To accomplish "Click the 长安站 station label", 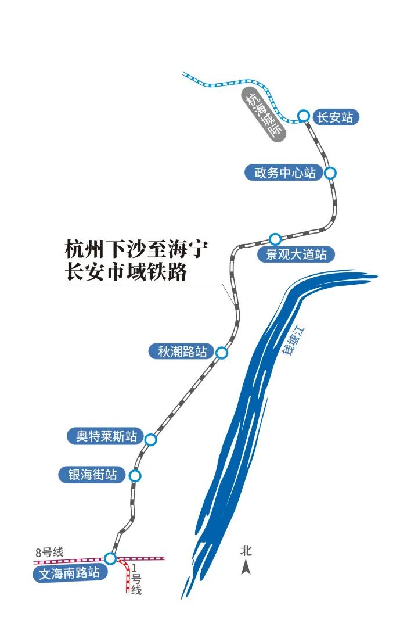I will [x=334, y=117].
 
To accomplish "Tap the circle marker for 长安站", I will [x=303, y=116].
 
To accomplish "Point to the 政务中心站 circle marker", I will [x=330, y=173].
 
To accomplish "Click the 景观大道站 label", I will [x=296, y=254].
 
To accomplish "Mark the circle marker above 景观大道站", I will [x=275, y=239].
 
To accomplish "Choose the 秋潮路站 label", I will [x=182, y=352].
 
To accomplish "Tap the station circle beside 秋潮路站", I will [x=221, y=352].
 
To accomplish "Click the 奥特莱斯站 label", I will [x=106, y=436].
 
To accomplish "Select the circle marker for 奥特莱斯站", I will [x=151, y=440].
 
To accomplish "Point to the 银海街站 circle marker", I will [x=135, y=476].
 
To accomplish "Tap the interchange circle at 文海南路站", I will [x=110, y=559].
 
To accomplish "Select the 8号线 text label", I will [x=49, y=552].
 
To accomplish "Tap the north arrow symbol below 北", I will [x=246, y=567].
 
